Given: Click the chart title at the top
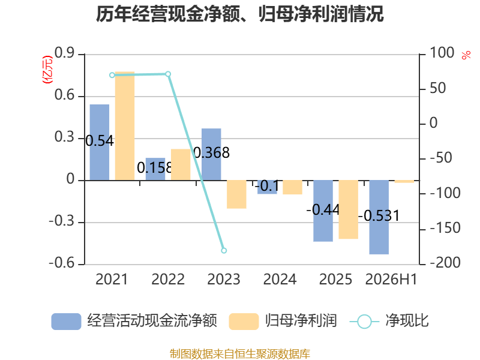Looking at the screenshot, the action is (239, 14).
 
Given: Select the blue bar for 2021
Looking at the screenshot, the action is (100, 142).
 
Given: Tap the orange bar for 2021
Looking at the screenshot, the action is (125, 126).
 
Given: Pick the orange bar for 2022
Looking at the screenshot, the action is (181, 164).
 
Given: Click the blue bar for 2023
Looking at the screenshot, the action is (211, 155).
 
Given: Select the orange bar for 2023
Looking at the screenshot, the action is (236, 194).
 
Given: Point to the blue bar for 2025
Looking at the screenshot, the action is (323, 211).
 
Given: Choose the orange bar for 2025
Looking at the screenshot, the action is (349, 209).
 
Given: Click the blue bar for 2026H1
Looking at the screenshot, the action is (379, 217).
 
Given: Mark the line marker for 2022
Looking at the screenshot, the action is (168, 74).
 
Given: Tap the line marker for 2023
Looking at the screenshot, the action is (224, 250).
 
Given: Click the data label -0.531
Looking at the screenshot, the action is (379, 215).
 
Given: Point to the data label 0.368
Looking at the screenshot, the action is (211, 152).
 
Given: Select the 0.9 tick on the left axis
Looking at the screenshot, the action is (65, 53).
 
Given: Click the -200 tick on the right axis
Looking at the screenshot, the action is (445, 263).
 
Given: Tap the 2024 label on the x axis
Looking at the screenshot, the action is (280, 279).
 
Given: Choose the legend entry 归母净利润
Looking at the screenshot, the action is (283, 321).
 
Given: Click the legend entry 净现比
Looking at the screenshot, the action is (389, 321).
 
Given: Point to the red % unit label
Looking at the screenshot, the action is (466, 55).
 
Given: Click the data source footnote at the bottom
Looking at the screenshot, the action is (240, 354).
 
